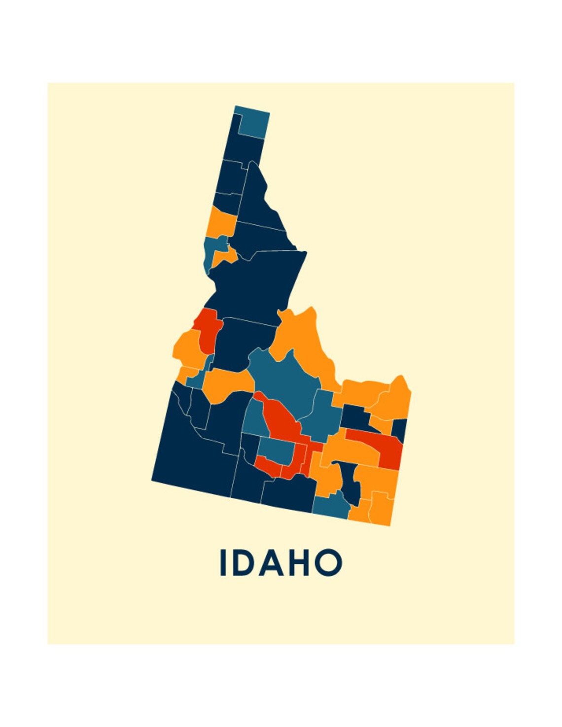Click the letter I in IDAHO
222,562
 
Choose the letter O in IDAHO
328,562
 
